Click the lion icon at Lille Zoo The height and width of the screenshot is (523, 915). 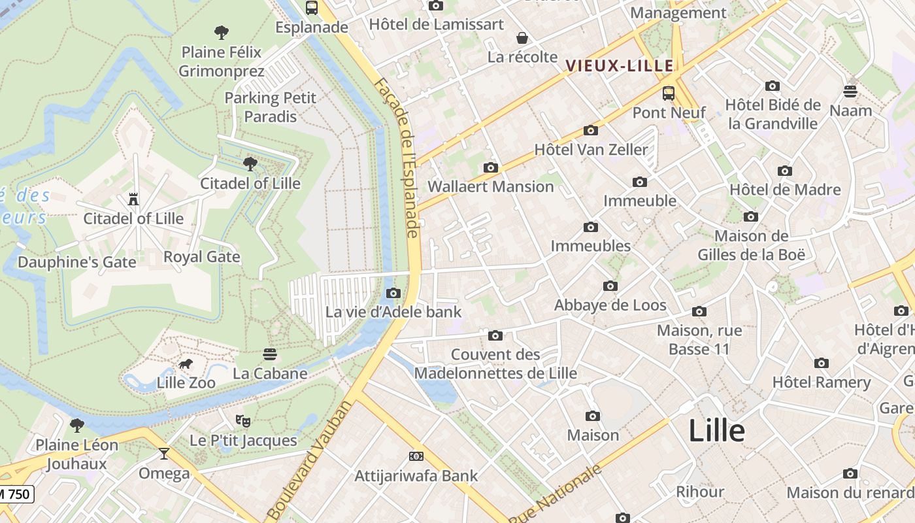pos(186,364)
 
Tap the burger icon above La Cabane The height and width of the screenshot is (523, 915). pos(270,354)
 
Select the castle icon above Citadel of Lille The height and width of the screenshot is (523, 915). pos(133,199)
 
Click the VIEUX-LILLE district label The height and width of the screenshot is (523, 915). pos(619,65)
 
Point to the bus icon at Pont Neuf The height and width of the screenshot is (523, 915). pos(668,93)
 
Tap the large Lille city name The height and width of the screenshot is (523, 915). pos(716,431)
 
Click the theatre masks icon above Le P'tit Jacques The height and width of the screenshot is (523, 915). pos(242,420)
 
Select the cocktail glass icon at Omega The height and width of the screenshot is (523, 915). pos(164,454)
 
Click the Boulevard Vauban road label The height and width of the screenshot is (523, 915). pos(310,460)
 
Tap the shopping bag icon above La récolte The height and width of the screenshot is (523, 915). pos(522,38)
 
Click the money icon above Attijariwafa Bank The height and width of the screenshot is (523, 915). pos(416,456)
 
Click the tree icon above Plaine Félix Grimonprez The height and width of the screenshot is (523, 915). pos(222,32)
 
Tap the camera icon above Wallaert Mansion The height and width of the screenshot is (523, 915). pos(490,168)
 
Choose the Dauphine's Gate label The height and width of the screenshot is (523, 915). pos(77,262)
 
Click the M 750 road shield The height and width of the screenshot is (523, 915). pos(16,494)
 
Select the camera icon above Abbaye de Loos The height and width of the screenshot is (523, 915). pos(610,286)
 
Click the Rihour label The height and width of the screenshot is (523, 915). pos(699,492)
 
